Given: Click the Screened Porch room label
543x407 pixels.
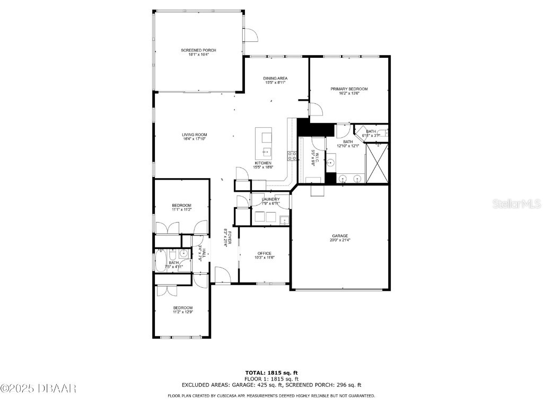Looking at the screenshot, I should pyautogui.click(x=198, y=50).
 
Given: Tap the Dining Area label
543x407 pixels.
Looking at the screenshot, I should pyautogui.click(x=275, y=78).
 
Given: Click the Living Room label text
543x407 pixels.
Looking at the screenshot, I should pyautogui.click(x=195, y=135).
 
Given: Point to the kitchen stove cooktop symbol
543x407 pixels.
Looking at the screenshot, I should pyautogui.click(x=292, y=155).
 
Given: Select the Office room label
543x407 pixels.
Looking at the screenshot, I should pyautogui.click(x=265, y=253).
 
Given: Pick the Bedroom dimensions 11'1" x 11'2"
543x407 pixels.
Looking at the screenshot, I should pyautogui.click(x=181, y=210).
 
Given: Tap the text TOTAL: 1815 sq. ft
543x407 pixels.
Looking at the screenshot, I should pyautogui.click(x=271, y=373).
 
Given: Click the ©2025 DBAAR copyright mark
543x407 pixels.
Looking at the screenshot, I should pyautogui.click(x=38, y=389).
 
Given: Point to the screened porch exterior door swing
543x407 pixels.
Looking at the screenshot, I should pyautogui.click(x=250, y=34).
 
